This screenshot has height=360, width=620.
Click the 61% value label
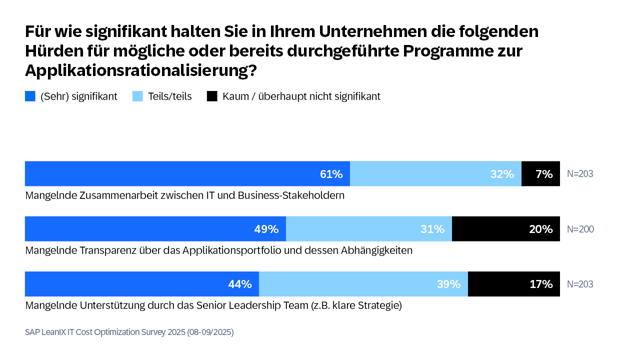(x=331, y=174)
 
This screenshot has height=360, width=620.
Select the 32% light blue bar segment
(x=435, y=174)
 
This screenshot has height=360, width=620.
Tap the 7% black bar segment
(x=540, y=174)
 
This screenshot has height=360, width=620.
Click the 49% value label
(x=266, y=229)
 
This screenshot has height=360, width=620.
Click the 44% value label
(x=240, y=284)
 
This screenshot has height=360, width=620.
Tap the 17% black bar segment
(x=513, y=284)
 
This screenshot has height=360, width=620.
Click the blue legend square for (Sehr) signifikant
(x=30, y=97)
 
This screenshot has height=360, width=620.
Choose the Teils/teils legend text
(x=170, y=97)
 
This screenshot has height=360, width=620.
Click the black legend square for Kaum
(x=212, y=97)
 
